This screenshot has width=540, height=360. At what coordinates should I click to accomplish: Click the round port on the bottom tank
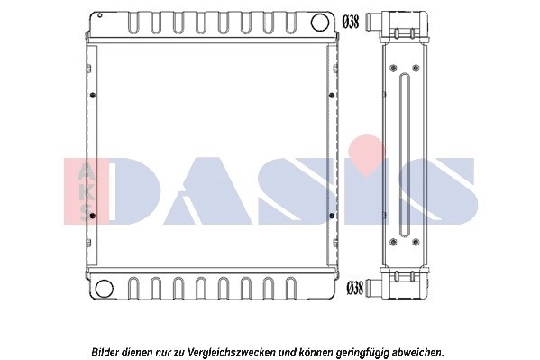(105, 289)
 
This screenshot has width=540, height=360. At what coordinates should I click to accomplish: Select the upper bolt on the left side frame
(91, 95)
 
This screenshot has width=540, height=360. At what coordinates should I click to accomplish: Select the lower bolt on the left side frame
(91, 217)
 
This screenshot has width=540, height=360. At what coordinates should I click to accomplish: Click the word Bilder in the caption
(107, 351)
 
